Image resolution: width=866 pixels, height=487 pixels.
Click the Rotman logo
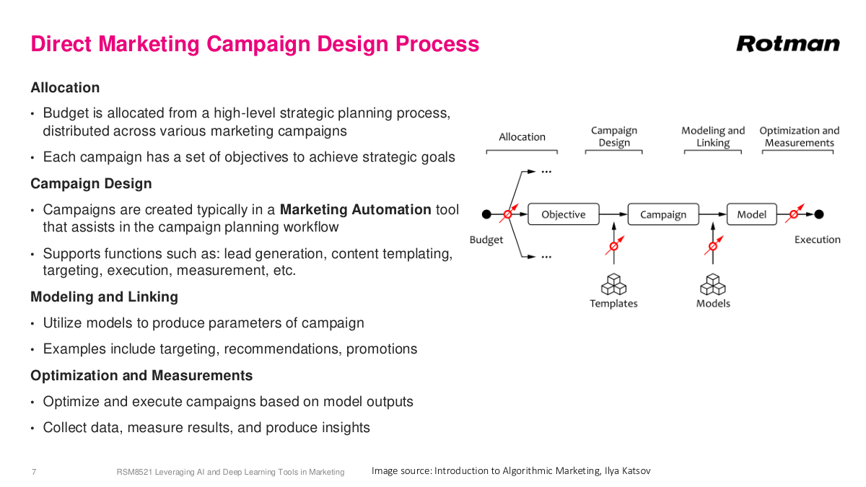(788, 44)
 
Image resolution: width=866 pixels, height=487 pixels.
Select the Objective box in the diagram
(563, 214)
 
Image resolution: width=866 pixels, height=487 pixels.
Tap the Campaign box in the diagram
(662, 214)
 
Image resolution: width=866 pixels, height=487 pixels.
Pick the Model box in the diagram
(751, 214)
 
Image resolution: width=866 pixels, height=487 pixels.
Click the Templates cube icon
(613, 284)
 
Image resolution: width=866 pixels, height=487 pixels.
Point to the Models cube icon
(713, 284)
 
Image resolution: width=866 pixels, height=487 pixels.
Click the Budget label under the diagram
(486, 240)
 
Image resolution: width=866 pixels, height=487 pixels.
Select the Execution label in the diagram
(817, 240)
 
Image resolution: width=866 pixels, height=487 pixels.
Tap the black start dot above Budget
(486, 214)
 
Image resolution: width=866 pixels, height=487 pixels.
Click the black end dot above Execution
(819, 214)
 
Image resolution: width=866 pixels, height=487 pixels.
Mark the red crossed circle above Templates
(614, 245)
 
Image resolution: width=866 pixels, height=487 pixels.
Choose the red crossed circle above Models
(713, 245)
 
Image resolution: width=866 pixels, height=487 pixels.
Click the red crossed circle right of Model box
(793, 214)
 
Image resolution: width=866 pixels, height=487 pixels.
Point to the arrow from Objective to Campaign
(613, 214)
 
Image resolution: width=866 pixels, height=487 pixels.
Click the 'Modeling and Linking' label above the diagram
(713, 136)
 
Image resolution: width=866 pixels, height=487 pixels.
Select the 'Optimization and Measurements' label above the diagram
(799, 136)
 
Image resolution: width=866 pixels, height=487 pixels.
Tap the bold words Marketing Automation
(355, 210)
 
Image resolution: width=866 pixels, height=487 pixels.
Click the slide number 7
(34, 472)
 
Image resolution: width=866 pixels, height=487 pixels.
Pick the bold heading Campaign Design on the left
(91, 183)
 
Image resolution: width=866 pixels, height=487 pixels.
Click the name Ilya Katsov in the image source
(627, 470)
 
